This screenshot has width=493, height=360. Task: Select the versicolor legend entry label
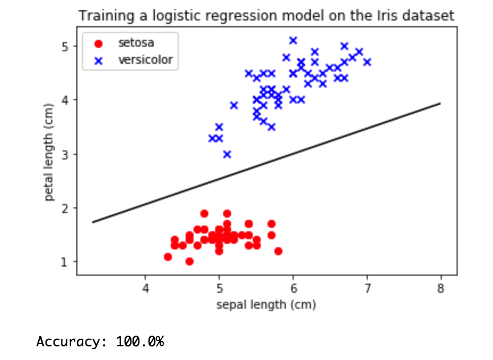coord(145,59)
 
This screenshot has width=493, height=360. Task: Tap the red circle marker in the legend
coord(100,43)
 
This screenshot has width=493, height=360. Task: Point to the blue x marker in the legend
coord(100,59)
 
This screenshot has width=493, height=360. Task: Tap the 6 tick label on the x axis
coord(293,288)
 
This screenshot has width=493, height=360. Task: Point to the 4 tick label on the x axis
coord(146,288)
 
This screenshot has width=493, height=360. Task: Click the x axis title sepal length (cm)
coord(266,305)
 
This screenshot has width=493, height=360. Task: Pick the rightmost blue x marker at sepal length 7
coord(367,62)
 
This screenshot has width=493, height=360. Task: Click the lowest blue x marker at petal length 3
coord(227,154)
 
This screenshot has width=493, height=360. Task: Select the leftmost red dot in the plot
coord(168,257)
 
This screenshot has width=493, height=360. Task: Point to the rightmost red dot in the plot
coord(278,251)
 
